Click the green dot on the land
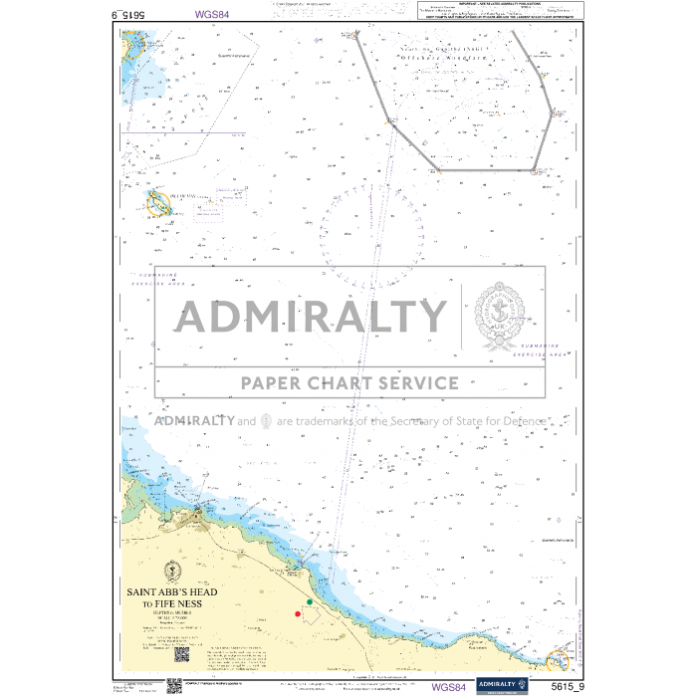pyautogui.click(x=310, y=601)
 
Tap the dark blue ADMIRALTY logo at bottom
pyautogui.click(x=498, y=684)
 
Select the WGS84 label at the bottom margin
pyautogui.click(x=447, y=686)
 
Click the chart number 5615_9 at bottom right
pyautogui.click(x=559, y=685)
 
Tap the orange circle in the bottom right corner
pyautogui.click(x=558, y=660)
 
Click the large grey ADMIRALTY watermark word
pyautogui.click(x=312, y=317)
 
